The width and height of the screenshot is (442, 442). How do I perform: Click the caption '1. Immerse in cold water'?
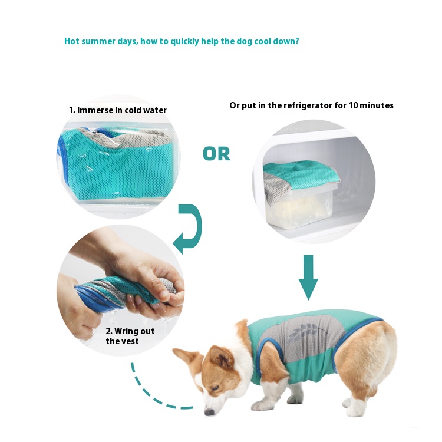click(118, 110)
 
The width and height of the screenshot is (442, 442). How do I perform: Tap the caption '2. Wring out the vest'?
click(130, 336)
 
